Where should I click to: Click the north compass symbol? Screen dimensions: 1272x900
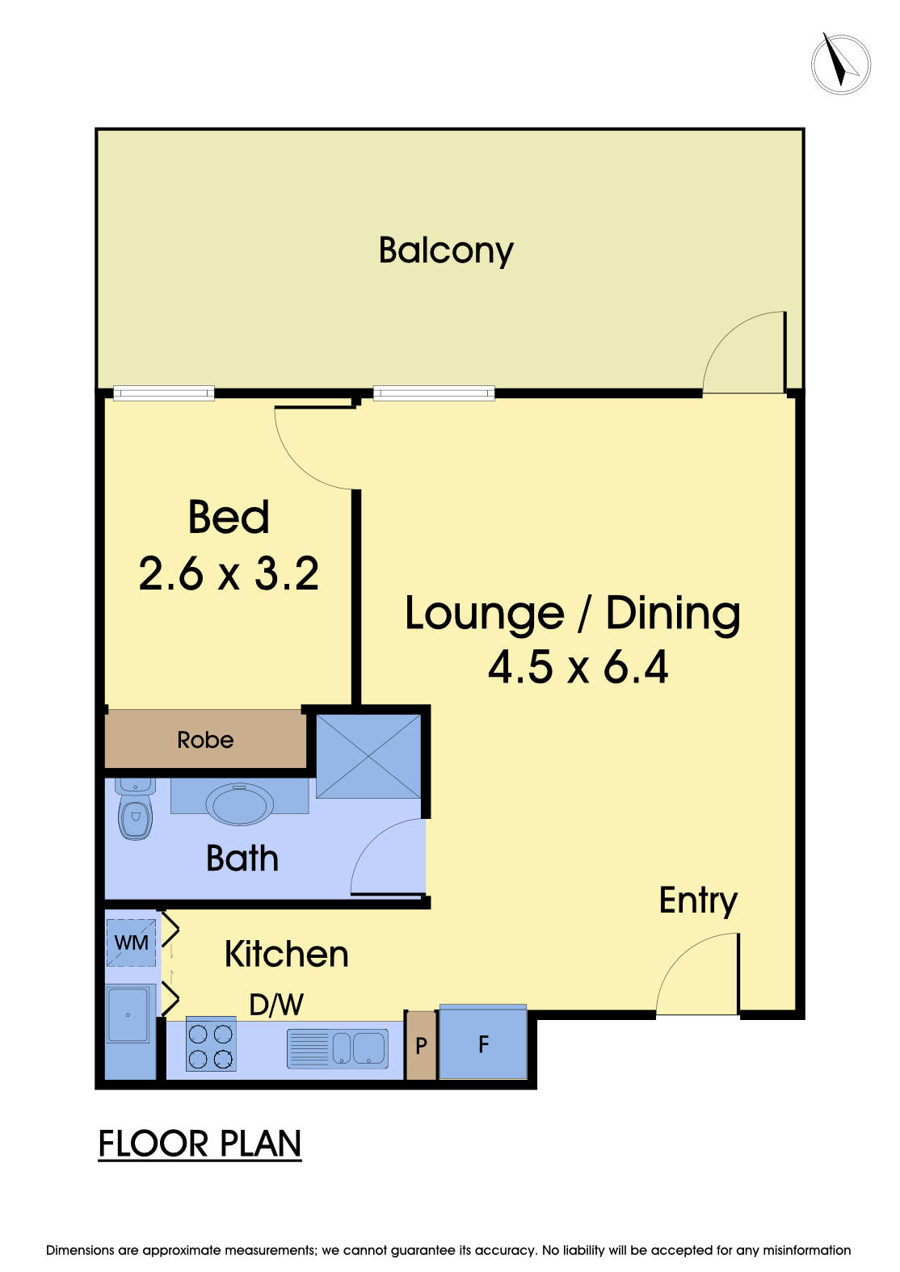840,63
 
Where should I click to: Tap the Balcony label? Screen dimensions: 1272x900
446,250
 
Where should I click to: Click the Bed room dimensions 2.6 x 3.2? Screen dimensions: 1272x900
229,574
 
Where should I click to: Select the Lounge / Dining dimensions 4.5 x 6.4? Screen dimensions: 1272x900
578,667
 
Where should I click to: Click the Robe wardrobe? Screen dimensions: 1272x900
205,740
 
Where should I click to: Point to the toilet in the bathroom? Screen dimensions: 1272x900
135,812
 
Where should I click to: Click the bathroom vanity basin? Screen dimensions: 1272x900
239,803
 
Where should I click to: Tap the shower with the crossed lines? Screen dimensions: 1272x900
368,756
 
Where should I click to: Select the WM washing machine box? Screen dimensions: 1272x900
131,942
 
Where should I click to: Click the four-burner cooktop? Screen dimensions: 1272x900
211,1046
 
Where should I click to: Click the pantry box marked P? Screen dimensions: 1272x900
421,1046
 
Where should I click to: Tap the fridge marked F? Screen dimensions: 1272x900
483,1044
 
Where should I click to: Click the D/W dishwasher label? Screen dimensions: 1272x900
276,1005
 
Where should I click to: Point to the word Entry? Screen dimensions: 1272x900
698,900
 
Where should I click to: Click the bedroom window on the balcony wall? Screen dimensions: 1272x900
164,393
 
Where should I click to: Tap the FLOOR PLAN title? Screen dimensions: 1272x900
200,1144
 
